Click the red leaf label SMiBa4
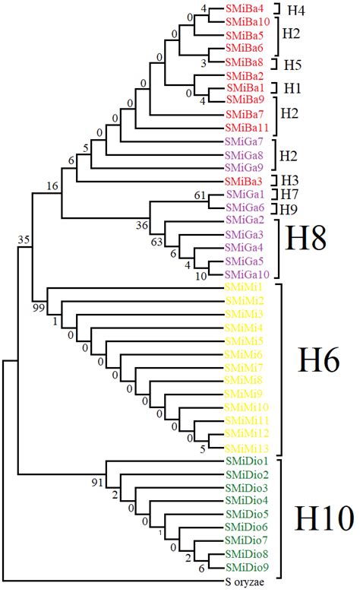point(244,8)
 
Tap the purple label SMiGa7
point(244,141)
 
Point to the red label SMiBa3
point(244,181)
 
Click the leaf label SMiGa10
point(245,274)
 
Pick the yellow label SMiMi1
point(244,287)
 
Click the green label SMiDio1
point(246,461)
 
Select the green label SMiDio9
point(246,568)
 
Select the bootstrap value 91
point(97,481)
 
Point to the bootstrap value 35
point(24,242)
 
